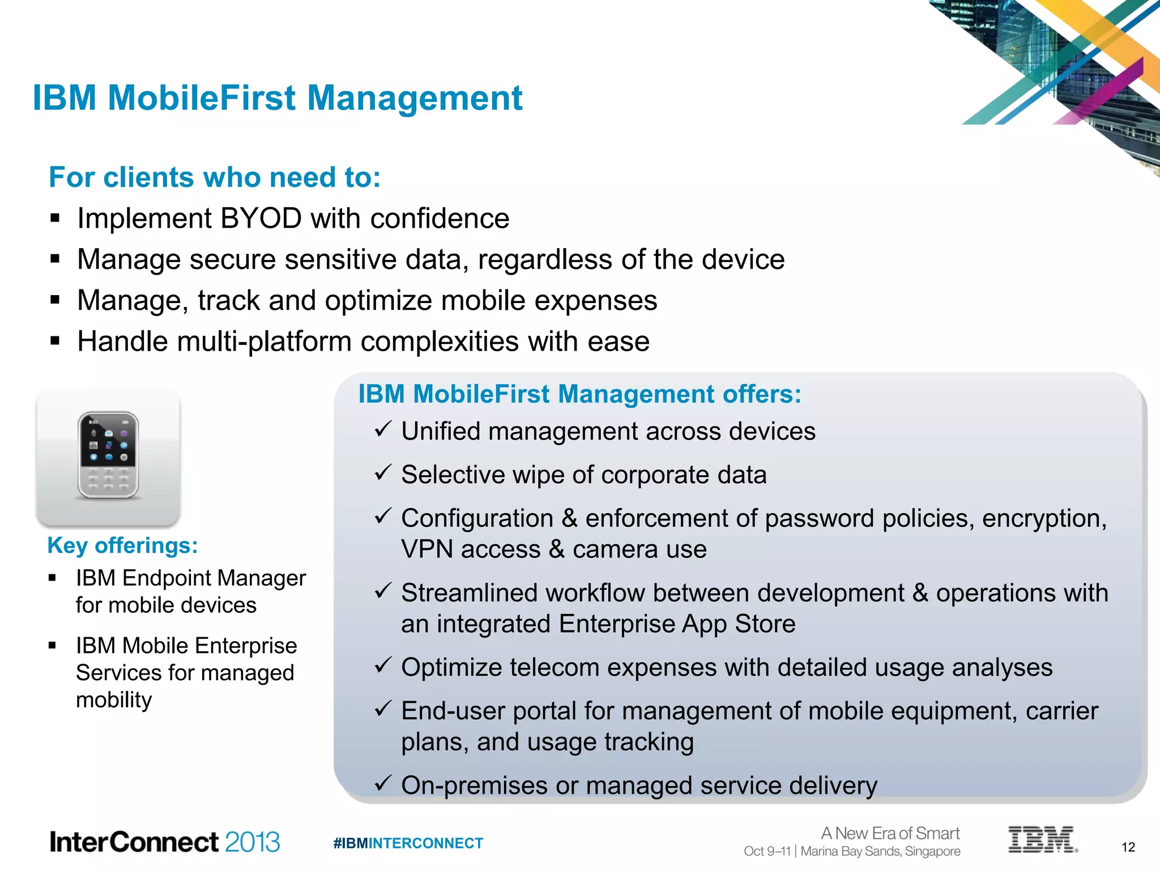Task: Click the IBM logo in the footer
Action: pos(1042,839)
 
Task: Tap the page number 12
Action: pos(1128,847)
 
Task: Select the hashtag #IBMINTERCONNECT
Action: pos(408,843)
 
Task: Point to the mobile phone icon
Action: pos(108,456)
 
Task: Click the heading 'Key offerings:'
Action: pos(122,545)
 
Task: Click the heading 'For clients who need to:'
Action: pos(215,177)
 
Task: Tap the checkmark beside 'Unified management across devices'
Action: pos(383,429)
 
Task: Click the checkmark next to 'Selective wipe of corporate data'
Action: pos(383,472)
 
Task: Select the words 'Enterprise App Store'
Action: pos(677,624)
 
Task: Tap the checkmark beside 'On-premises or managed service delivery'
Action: pos(383,783)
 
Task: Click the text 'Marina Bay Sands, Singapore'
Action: pos(881,851)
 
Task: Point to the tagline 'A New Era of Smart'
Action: pos(890,833)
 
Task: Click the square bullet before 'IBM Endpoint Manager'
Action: pos(52,578)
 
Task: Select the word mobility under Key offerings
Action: pos(114,700)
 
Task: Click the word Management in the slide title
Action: pos(414,98)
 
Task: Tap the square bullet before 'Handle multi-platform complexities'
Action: pos(55,341)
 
